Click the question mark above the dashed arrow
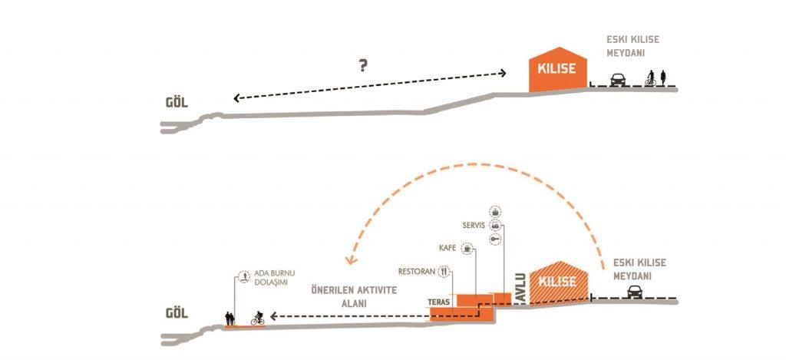[363, 65]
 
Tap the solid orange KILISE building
[558, 70]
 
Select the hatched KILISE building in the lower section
[559, 282]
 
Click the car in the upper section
[618, 80]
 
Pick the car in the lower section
[635, 292]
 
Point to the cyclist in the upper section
[651, 78]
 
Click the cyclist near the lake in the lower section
[258, 319]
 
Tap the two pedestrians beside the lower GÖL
[230, 319]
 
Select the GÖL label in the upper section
[177, 104]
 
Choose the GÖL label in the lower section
[177, 314]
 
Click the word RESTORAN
[416, 272]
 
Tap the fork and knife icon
[444, 272]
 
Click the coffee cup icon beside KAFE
[467, 247]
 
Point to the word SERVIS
[473, 226]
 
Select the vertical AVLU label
[521, 288]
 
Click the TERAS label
[438, 302]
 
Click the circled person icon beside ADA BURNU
[244, 276]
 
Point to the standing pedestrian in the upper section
[663, 78]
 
